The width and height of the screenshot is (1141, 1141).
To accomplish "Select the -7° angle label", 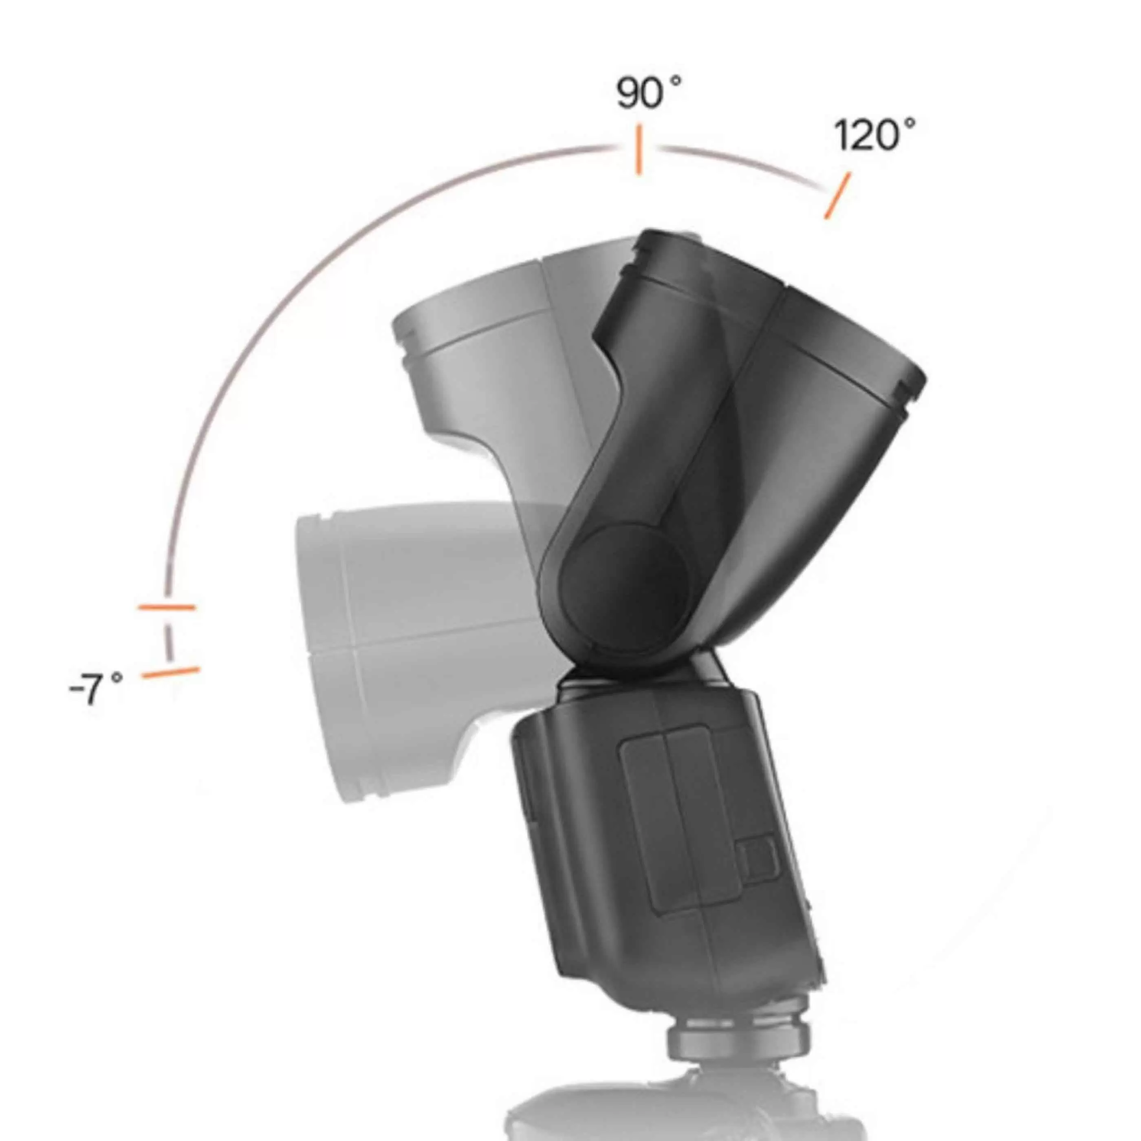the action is coord(96,689).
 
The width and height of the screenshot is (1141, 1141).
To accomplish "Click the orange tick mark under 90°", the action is coord(638,150).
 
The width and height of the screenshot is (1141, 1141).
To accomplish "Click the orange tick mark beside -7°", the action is coord(171,673).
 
